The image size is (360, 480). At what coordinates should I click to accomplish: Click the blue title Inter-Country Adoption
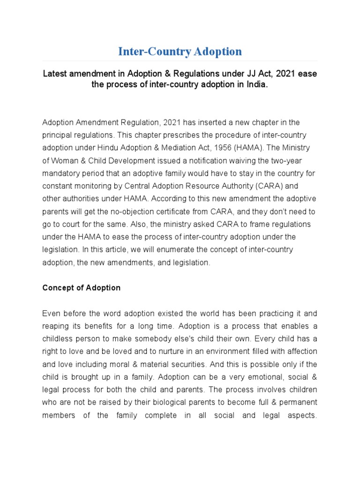point(180,51)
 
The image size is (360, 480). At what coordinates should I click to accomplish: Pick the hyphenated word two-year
point(302,160)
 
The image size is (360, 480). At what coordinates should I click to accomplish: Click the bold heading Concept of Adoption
point(82,288)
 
